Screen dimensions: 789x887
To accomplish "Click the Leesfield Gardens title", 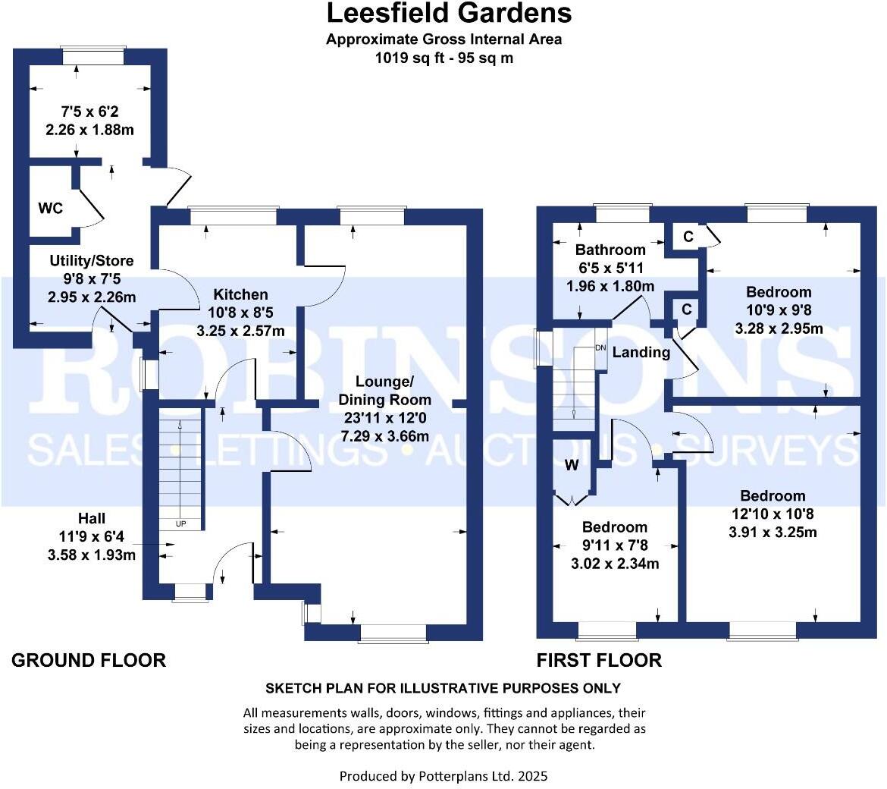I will (449, 13).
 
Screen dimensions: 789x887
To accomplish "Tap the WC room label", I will (51, 208).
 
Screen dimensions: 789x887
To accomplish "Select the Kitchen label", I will (240, 294).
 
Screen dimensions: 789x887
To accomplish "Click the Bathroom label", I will (610, 250).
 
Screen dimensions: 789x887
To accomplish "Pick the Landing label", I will (641, 352).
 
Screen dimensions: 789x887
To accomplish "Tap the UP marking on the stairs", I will (181, 523).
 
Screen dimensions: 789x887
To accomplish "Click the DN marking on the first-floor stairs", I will (600, 347).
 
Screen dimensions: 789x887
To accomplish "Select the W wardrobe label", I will (572, 465).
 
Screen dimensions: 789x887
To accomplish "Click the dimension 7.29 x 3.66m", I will (384, 436).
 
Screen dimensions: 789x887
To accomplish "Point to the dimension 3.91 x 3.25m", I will (773, 532).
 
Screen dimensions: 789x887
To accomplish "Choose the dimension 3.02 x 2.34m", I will (614, 563).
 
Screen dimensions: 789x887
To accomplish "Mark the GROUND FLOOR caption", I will (89, 660).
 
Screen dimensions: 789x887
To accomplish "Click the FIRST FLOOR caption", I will (599, 660).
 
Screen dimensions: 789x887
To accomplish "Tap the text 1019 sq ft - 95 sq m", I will (444, 58).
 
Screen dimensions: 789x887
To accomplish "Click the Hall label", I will (92, 519).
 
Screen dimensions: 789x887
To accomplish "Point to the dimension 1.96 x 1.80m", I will (610, 286).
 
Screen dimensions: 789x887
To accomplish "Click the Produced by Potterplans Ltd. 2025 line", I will (443, 776).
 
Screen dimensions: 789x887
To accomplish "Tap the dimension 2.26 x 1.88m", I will (89, 129).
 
